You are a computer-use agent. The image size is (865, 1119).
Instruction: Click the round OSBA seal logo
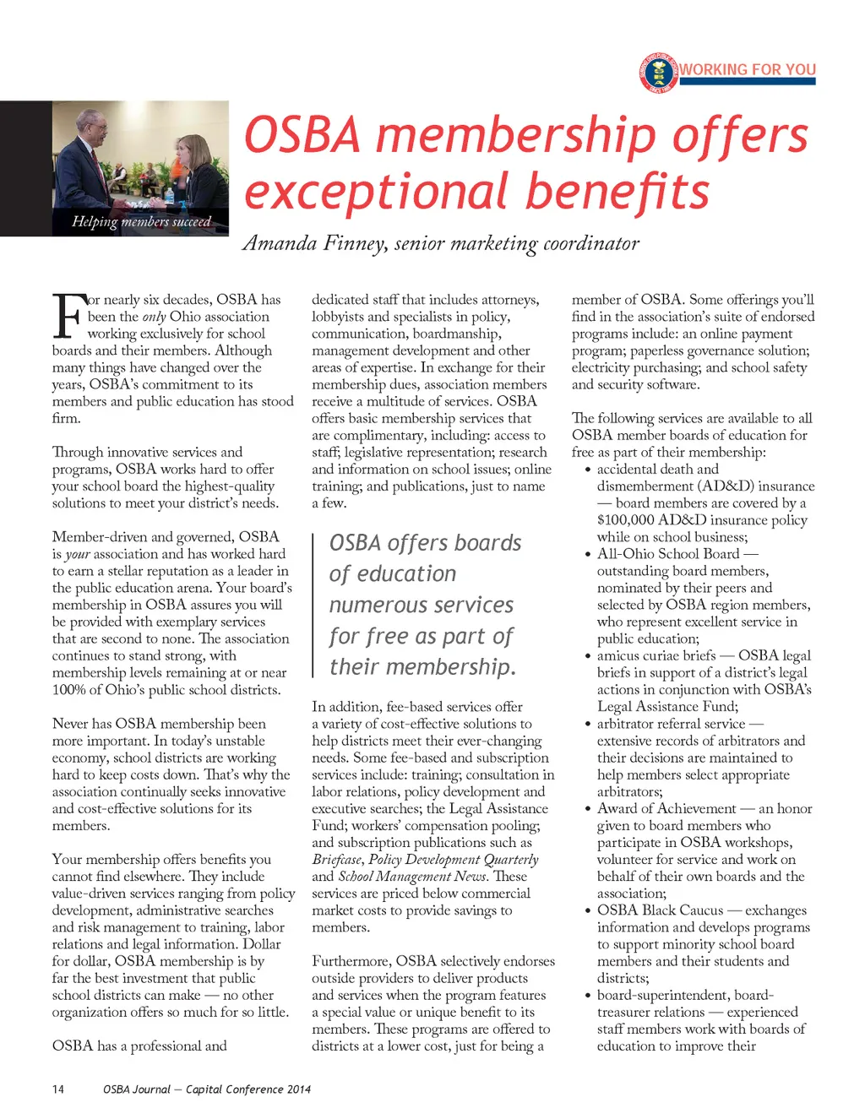pos(659,73)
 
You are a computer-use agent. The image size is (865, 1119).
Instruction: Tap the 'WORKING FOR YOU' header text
pos(748,69)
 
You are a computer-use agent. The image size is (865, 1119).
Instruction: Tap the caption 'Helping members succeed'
pos(141,221)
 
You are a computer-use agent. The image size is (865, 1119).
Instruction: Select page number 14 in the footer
pos(57,1089)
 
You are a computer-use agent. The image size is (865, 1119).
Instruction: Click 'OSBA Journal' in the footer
pos(136,1089)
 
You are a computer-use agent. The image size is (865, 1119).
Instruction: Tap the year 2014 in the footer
pos(298,1089)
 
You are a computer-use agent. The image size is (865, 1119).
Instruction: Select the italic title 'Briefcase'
pos(336,860)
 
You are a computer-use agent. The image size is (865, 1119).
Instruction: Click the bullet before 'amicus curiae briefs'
pos(587,656)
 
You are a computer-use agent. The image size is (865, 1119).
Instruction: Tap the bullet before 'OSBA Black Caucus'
pos(587,910)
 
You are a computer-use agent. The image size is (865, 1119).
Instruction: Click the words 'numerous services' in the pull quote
pos(421,606)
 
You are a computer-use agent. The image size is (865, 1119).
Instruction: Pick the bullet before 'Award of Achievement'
pos(587,809)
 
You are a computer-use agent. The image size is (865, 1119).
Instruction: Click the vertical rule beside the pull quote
pos(313,605)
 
